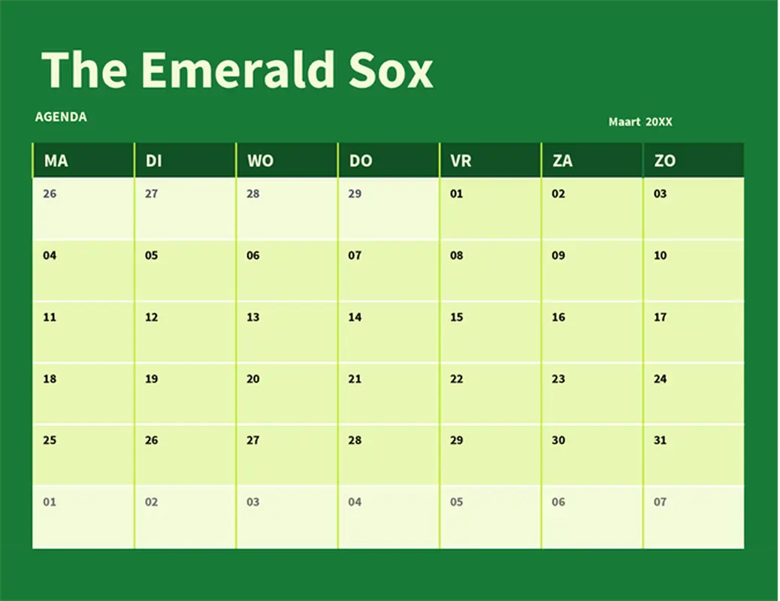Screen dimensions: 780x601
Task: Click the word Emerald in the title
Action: pyautogui.click(x=238, y=70)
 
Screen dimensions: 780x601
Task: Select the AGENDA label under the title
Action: pyautogui.click(x=61, y=117)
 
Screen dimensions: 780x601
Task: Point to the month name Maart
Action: pyautogui.click(x=624, y=122)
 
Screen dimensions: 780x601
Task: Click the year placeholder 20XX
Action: pyautogui.click(x=659, y=122)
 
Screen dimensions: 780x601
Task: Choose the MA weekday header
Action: pyautogui.click(x=56, y=161)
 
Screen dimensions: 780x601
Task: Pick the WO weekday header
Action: pyautogui.click(x=261, y=161)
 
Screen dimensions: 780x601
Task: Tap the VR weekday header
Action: pyautogui.click(x=461, y=161)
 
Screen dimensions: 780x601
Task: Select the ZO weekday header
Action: pyautogui.click(x=664, y=161)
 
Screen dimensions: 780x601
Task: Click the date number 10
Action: pyautogui.click(x=660, y=255)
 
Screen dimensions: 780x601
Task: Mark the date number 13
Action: pyautogui.click(x=253, y=317)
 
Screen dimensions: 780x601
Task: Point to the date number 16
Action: pyautogui.click(x=558, y=317)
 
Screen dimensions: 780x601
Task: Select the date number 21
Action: pyautogui.click(x=355, y=379)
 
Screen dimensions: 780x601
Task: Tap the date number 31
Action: pyautogui.click(x=660, y=439)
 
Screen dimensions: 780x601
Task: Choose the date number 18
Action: pyautogui.click(x=50, y=379)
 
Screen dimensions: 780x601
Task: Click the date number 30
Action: pyautogui.click(x=558, y=439)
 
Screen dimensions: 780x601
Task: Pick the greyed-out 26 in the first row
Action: pyautogui.click(x=50, y=194)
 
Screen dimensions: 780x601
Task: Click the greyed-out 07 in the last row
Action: pyautogui.click(x=660, y=502)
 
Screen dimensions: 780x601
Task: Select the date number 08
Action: pyautogui.click(x=457, y=255)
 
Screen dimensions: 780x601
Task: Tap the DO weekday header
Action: pyautogui.click(x=361, y=161)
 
